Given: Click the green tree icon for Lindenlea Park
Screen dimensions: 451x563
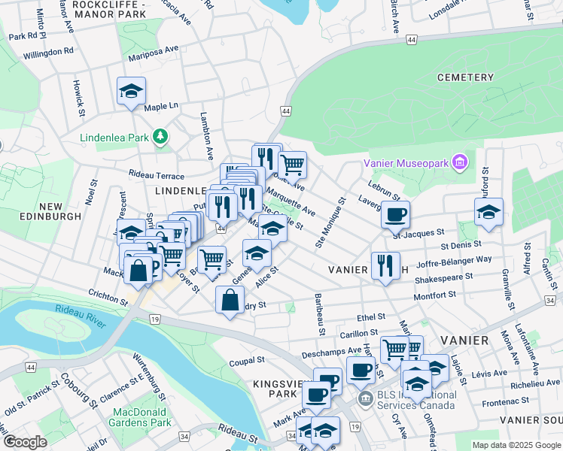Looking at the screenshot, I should (x=160, y=136).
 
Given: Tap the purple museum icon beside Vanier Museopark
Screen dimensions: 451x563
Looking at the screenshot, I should (x=461, y=162).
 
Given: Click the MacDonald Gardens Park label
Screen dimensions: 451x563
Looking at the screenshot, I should (x=142, y=417).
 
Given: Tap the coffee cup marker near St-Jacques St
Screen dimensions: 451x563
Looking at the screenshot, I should (x=395, y=215).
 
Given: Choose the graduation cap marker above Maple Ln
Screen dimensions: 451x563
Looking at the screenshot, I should (x=131, y=92).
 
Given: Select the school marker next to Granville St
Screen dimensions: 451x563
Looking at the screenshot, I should (x=488, y=212).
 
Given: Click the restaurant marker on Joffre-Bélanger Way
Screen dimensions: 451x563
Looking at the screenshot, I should (x=385, y=265).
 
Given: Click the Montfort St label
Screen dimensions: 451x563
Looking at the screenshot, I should (x=436, y=295).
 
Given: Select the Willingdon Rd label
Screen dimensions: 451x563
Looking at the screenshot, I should (x=48, y=53).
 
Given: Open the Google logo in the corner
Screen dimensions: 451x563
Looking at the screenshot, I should (x=25, y=441).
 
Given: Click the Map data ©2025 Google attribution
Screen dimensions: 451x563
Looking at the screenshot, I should (x=516, y=445).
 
